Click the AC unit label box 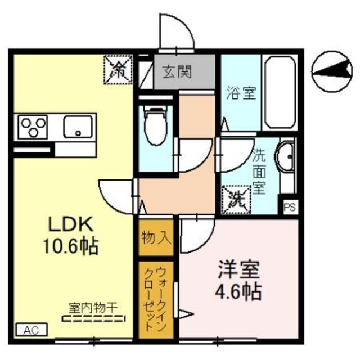pos(32,330)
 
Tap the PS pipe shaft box pos(290,208)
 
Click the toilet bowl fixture pos(155,126)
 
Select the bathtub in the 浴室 pos(280,92)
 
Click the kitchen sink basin pos(78,127)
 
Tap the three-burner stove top pos(33,127)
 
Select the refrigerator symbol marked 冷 pos(118,70)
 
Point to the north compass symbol pos(332,71)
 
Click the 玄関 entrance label pos(177,71)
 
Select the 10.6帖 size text pos(71,246)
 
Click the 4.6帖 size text pos(238,292)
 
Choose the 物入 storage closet pos(156,237)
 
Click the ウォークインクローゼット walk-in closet pos(156,300)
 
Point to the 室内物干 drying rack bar pos(94,319)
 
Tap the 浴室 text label pos(241,92)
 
